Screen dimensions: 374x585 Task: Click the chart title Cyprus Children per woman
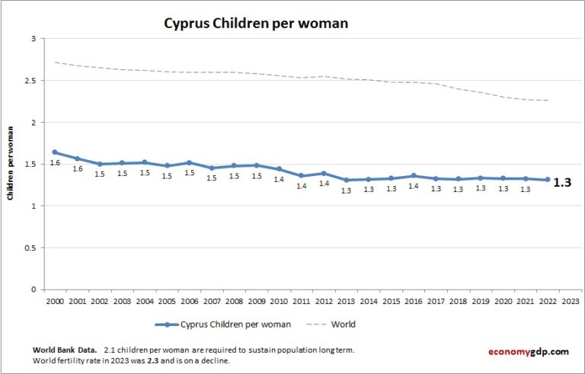click(256, 24)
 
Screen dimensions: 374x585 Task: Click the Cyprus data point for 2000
click(55, 152)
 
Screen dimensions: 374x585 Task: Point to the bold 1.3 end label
click(561, 183)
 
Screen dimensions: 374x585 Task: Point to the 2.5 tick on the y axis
click(30, 80)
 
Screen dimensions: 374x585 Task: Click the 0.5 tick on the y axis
click(30, 248)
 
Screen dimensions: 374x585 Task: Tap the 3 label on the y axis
click(33, 38)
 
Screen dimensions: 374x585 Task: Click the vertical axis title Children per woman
click(11, 164)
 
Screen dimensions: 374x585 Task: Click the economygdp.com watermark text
click(528, 351)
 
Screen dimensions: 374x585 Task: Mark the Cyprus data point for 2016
click(414, 176)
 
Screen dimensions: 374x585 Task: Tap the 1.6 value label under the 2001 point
click(78, 168)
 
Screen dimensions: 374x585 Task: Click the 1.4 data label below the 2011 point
click(302, 186)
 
